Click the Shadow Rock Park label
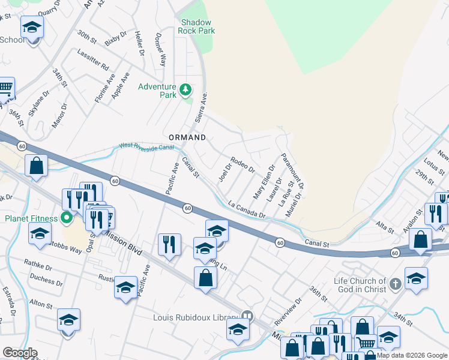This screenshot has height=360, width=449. point(197,26)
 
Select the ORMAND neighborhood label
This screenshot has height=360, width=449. point(187,137)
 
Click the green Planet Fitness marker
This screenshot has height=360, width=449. point(67,218)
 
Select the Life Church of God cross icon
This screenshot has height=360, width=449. point(395,283)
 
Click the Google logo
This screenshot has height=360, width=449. point(20,352)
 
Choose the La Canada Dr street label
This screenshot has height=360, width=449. point(247,209)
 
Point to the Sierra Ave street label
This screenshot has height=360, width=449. point(200,108)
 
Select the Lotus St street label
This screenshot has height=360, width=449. point(431,167)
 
